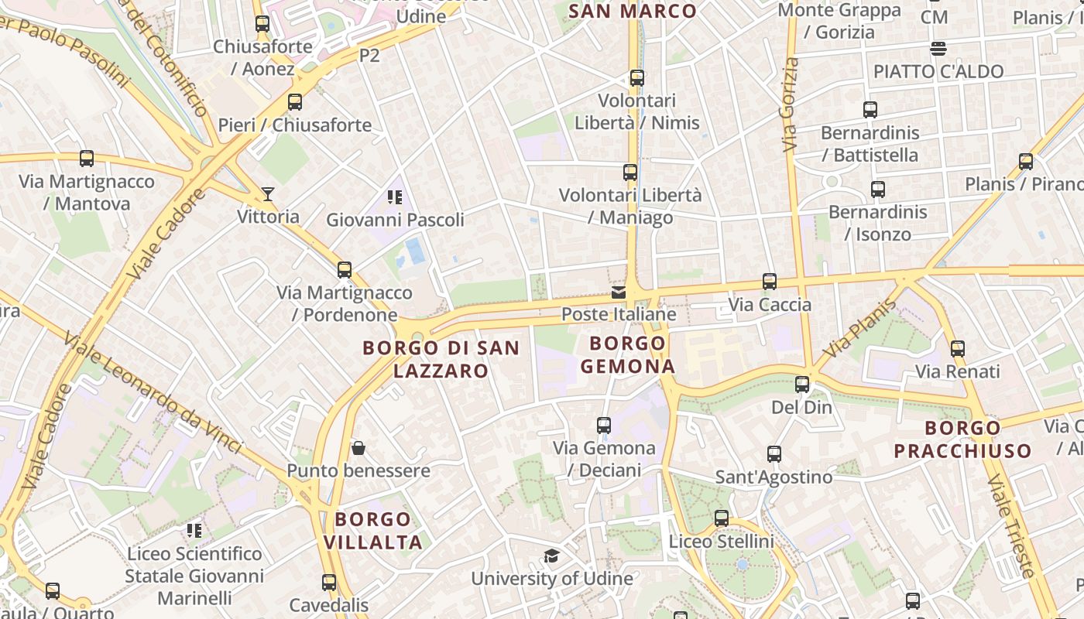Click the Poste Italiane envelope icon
(x=618, y=292)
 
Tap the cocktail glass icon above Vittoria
(x=268, y=193)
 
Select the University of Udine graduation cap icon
(x=551, y=556)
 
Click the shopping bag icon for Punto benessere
(x=358, y=448)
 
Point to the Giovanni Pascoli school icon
(x=395, y=197)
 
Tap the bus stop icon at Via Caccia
(x=769, y=282)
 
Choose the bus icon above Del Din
(x=802, y=385)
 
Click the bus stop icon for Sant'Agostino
(x=774, y=454)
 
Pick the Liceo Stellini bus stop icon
(x=722, y=518)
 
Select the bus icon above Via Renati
(x=958, y=349)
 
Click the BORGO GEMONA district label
(x=628, y=354)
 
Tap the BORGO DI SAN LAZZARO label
(x=441, y=359)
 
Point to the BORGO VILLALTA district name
(x=373, y=530)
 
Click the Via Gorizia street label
(x=790, y=104)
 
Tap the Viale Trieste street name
(x=1011, y=526)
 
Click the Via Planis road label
(x=859, y=328)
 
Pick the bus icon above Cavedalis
(x=329, y=583)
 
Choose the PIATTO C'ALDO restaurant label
(x=938, y=71)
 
